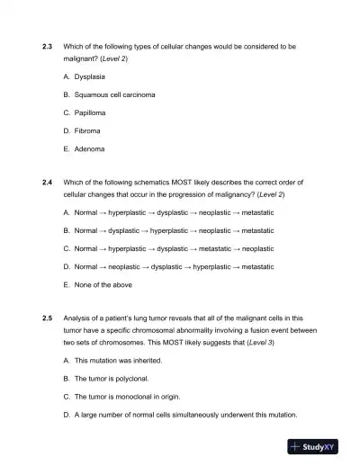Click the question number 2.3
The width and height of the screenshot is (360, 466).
tap(49, 45)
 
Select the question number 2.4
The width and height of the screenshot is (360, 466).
tap(49, 181)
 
